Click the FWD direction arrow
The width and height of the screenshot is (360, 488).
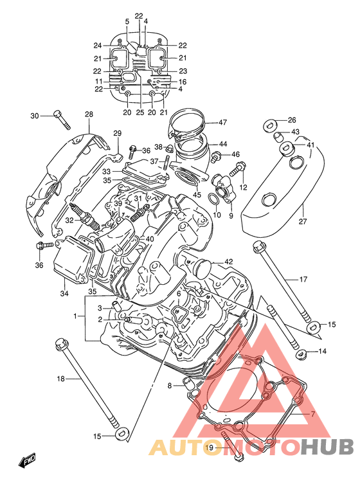pyautogui.click(x=28, y=460)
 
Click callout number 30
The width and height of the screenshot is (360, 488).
pyautogui.click(x=35, y=116)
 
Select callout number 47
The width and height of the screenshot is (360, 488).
pyautogui.click(x=223, y=122)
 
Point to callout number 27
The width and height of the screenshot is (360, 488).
pyautogui.click(x=303, y=221)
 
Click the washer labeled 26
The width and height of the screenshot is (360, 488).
pyautogui.click(x=269, y=125)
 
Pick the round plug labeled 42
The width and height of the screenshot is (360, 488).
pyautogui.click(x=203, y=269)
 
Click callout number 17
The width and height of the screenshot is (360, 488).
pyautogui.click(x=303, y=279)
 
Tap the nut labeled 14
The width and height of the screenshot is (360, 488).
pyautogui.click(x=301, y=353)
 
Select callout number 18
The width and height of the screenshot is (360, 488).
pyautogui.click(x=61, y=379)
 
